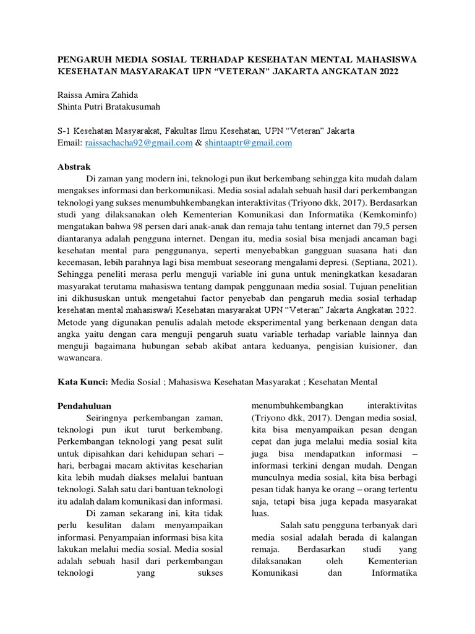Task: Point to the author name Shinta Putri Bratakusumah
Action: coord(108,108)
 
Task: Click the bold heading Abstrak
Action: coord(74,167)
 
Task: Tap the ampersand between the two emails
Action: coord(199,143)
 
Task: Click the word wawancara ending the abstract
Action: coord(80,358)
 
